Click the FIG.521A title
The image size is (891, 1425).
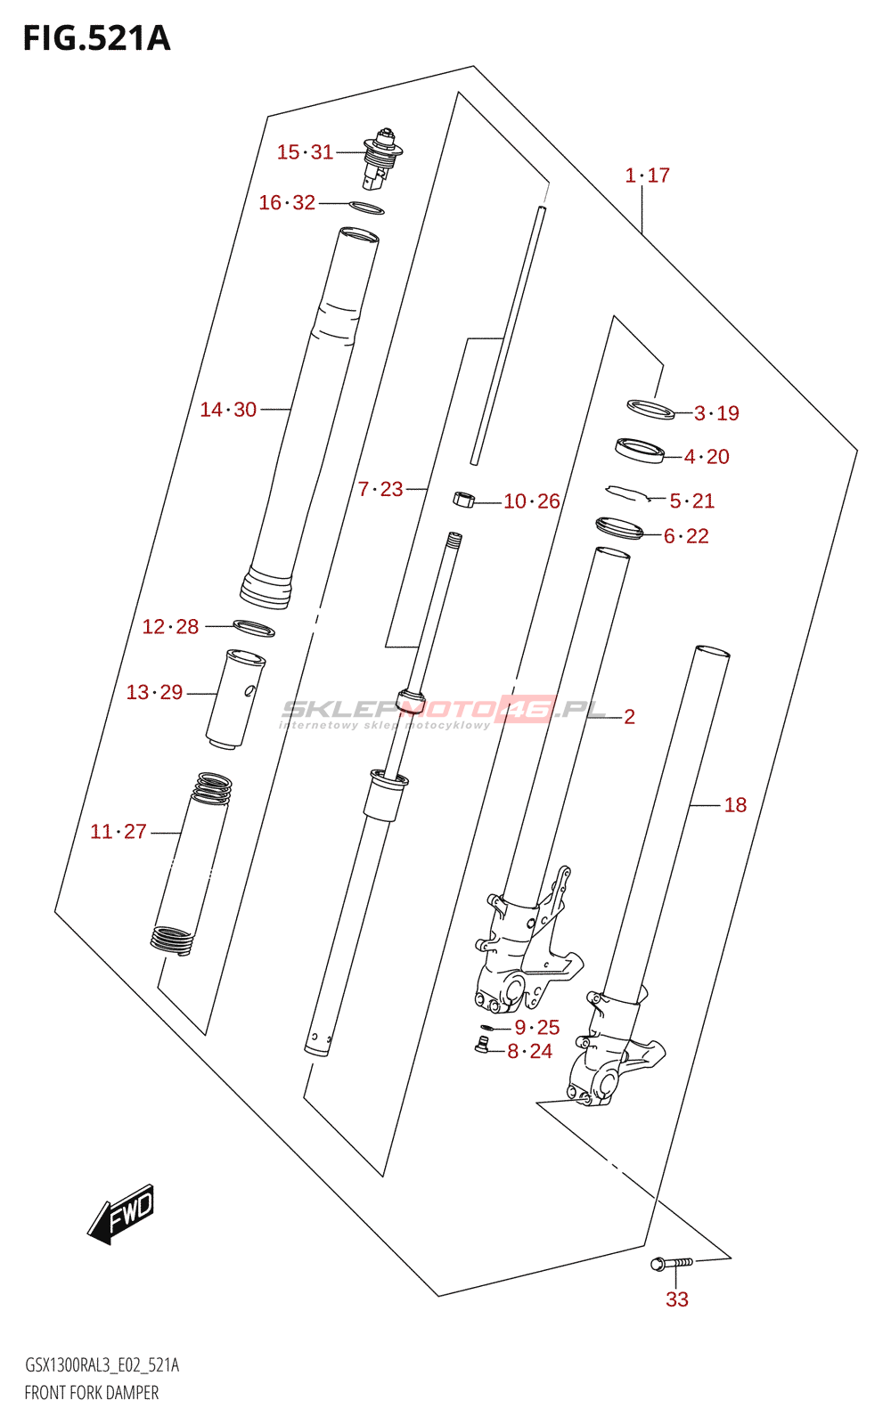click(x=96, y=39)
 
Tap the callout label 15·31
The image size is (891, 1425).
click(x=305, y=152)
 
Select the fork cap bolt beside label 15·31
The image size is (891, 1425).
click(x=381, y=159)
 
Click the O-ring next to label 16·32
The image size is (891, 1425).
click(x=367, y=208)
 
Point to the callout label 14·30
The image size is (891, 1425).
click(x=228, y=410)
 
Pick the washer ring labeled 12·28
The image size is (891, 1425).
click(x=254, y=628)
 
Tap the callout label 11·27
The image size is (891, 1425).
click(x=119, y=832)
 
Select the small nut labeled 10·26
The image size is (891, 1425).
click(x=463, y=500)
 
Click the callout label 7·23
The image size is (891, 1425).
click(x=380, y=489)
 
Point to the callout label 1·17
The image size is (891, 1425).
click(x=648, y=175)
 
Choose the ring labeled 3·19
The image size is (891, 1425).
click(x=650, y=410)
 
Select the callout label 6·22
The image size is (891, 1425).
click(x=686, y=536)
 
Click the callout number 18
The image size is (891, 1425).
click(x=735, y=805)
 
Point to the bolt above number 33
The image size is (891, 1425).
click(x=673, y=1263)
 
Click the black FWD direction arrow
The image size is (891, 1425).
click(x=122, y=1214)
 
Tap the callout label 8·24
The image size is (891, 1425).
click(x=530, y=1052)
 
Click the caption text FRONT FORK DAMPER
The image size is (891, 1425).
click(x=92, y=1393)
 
